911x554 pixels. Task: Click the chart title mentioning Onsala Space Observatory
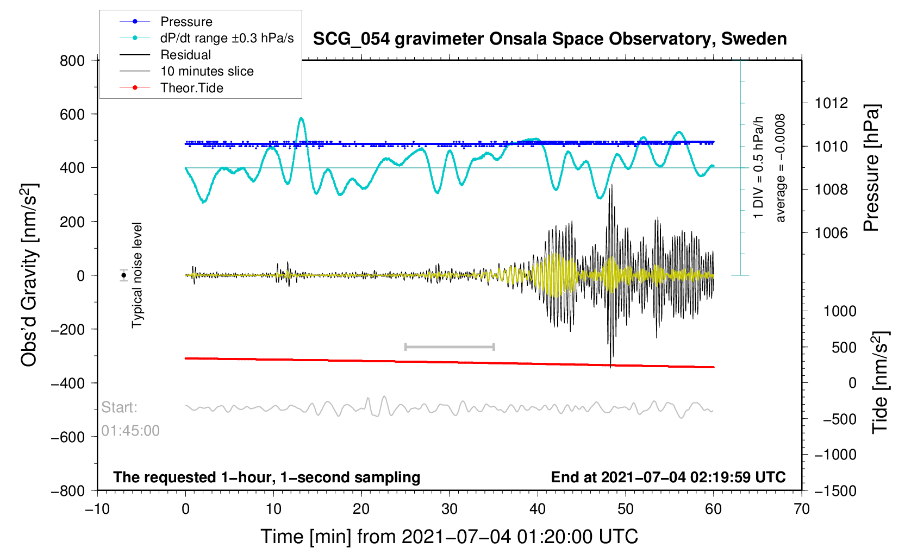(x=550, y=39)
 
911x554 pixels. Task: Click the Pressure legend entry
(x=186, y=22)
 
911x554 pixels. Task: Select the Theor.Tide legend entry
(x=191, y=88)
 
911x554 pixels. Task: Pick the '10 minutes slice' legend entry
(x=207, y=71)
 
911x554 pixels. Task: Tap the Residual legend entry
(x=185, y=55)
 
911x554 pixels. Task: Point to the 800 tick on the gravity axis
(x=72, y=61)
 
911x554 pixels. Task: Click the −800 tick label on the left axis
(x=68, y=491)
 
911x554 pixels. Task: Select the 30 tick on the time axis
(x=450, y=509)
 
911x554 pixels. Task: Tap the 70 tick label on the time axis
(x=802, y=509)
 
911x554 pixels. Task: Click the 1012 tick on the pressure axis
(x=831, y=103)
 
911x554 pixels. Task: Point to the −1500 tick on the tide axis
(x=835, y=491)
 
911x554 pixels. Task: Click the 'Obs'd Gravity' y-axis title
(x=29, y=275)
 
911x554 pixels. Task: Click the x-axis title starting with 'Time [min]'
(x=449, y=537)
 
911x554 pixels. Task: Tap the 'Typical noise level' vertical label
(x=137, y=275)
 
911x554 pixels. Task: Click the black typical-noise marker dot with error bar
(x=124, y=275)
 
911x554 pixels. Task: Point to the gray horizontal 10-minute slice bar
(x=450, y=347)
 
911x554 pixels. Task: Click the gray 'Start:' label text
(x=119, y=407)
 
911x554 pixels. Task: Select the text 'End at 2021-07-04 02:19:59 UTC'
(x=668, y=477)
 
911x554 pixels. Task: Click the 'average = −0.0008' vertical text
(x=781, y=168)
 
